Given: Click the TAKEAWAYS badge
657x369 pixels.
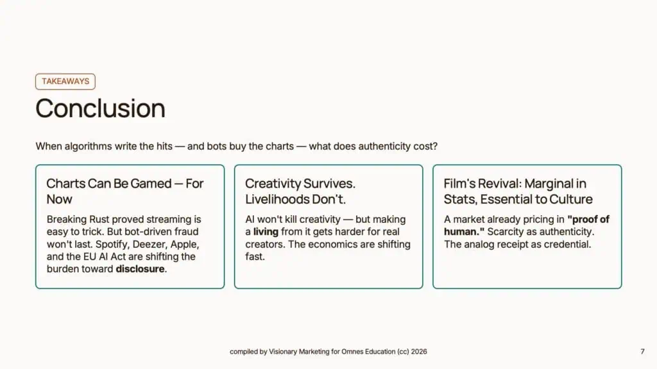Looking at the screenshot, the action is click(x=65, y=81).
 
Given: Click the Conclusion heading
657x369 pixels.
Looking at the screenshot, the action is click(x=101, y=108).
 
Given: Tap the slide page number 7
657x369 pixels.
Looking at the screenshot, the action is click(x=642, y=352).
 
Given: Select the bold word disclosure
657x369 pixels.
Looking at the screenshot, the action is click(x=140, y=269).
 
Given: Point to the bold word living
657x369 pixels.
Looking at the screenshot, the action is click(x=266, y=232).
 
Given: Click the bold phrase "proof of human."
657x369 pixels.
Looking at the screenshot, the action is click(x=526, y=225).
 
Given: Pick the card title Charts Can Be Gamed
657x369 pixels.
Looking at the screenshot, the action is click(x=125, y=191).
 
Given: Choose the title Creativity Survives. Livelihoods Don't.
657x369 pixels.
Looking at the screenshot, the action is click(x=300, y=191).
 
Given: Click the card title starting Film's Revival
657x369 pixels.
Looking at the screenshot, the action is click(x=518, y=191).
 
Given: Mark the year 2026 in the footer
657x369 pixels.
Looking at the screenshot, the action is click(x=419, y=352).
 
